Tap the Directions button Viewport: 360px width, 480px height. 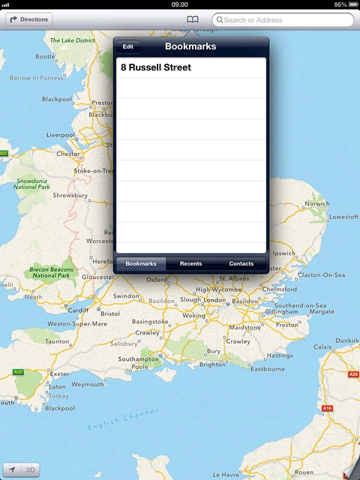29,19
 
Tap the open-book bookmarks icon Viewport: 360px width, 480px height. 193,19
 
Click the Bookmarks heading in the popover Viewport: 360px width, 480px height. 190,46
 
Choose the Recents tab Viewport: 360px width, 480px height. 190,264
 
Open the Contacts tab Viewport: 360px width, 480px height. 241,264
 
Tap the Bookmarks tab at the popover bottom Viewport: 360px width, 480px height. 141,264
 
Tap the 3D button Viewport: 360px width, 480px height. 31,470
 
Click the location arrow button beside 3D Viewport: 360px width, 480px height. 13,470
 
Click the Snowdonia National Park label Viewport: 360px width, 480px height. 31,184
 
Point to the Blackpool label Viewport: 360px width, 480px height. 57,99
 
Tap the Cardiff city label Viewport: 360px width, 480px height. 79,310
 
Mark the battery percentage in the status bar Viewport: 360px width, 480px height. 340,4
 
